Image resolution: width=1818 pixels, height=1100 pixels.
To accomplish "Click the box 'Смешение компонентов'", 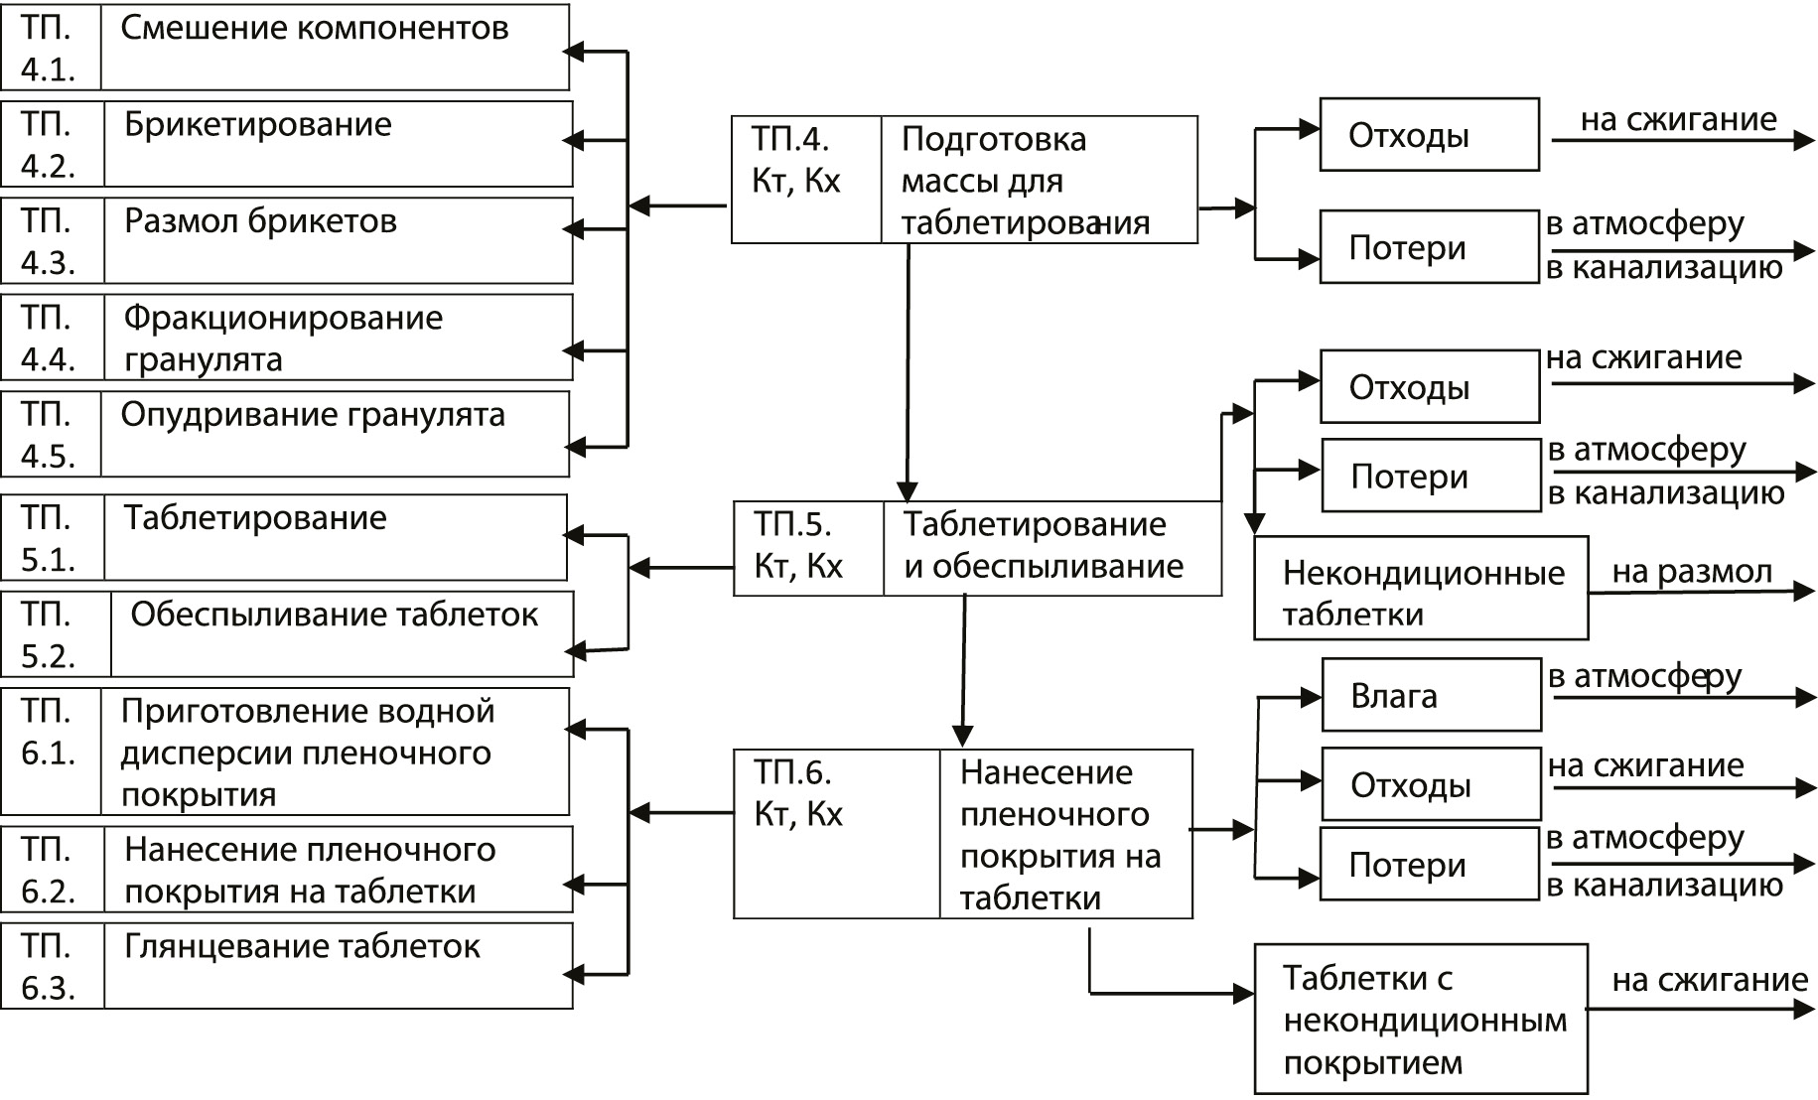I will [x=335, y=48].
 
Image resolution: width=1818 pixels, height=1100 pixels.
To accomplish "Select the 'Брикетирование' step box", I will [x=338, y=144].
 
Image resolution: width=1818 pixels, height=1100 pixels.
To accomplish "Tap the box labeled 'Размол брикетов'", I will [x=338, y=240].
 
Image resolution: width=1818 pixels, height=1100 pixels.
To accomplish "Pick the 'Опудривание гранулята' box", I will [x=335, y=434].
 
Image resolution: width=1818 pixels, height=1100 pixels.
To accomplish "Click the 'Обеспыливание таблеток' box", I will [x=342, y=634].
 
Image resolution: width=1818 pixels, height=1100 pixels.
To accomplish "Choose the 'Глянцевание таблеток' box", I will [x=338, y=966].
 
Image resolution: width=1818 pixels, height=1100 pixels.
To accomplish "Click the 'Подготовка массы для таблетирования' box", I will [x=1038, y=180].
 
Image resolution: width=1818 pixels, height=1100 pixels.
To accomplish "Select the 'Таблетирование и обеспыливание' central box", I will [x=1050, y=548].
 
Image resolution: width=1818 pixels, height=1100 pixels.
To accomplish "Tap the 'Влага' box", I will [x=1431, y=696].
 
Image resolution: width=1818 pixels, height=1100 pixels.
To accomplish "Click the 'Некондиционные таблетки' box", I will [x=1421, y=593].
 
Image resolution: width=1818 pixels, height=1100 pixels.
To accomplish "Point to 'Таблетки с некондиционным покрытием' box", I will [x=1421, y=1020].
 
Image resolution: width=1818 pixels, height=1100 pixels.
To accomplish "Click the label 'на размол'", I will [x=1692, y=572].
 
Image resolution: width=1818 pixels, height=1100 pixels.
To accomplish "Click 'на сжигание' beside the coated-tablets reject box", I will [x=1709, y=981].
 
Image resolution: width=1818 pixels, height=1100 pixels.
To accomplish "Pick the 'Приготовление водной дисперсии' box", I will [x=335, y=753].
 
